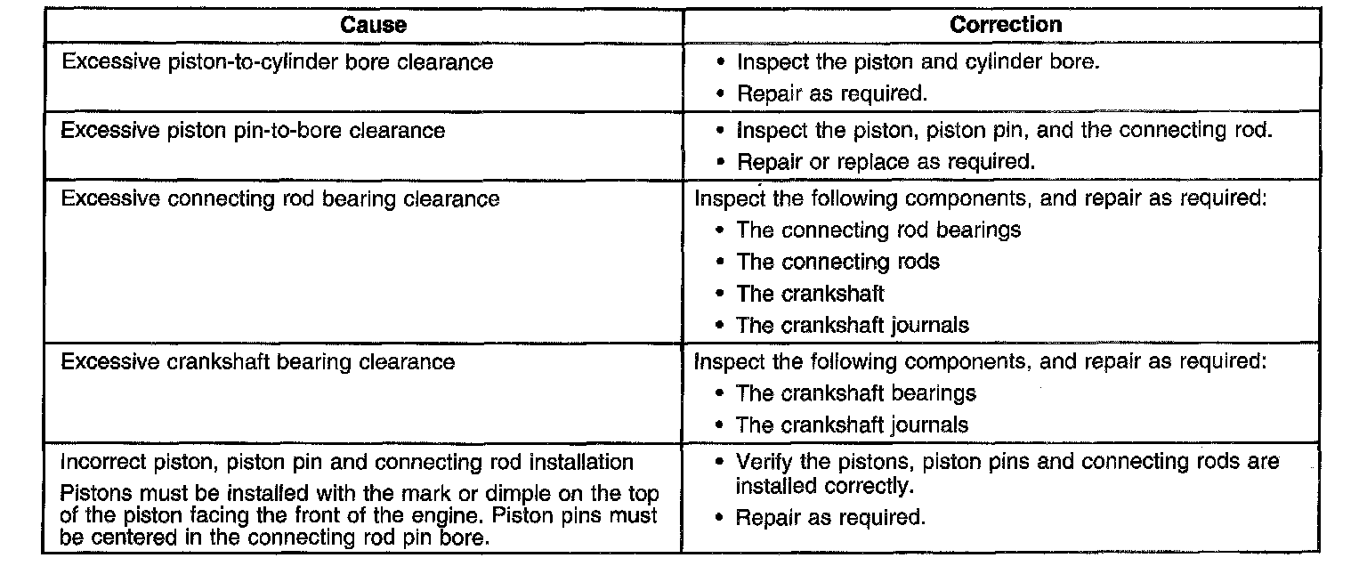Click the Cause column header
click(x=373, y=25)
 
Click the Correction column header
click(x=1006, y=25)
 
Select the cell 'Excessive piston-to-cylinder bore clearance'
click(x=276, y=62)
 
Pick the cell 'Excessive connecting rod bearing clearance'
click(x=279, y=198)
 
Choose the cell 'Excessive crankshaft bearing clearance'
click(x=257, y=362)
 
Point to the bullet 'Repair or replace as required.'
click(x=886, y=163)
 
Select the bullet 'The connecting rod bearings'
click(x=878, y=230)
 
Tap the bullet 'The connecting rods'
click(x=837, y=262)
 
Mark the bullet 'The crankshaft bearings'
click(x=856, y=393)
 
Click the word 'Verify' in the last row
click(x=762, y=462)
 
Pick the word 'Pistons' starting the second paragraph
click(x=90, y=495)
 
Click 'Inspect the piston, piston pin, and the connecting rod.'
click(x=1005, y=130)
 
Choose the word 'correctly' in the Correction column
click(x=876, y=487)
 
